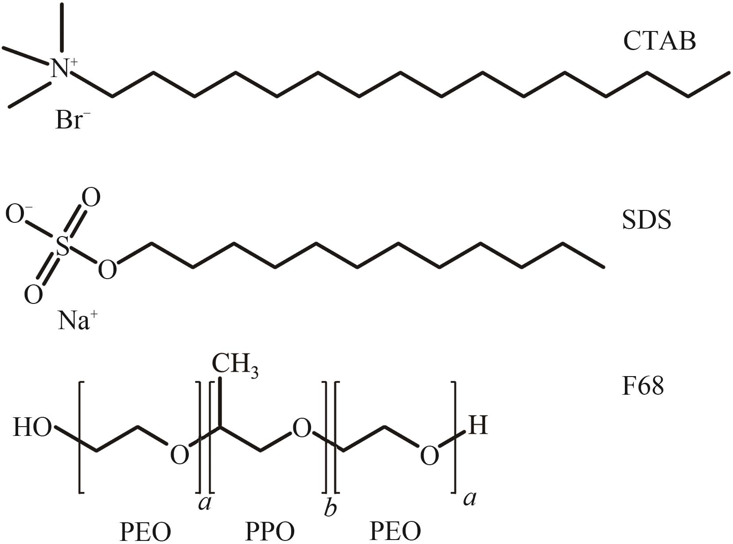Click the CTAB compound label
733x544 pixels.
659,41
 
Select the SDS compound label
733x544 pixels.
647,220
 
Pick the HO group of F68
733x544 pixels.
32,427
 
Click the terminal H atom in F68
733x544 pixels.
478,426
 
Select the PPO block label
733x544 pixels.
270,531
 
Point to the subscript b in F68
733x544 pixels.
330,508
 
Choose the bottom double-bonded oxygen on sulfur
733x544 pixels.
33,294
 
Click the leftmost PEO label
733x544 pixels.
145,531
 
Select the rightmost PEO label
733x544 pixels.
395,531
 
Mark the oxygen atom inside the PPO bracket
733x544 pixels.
301,429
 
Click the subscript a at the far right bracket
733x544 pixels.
470,498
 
